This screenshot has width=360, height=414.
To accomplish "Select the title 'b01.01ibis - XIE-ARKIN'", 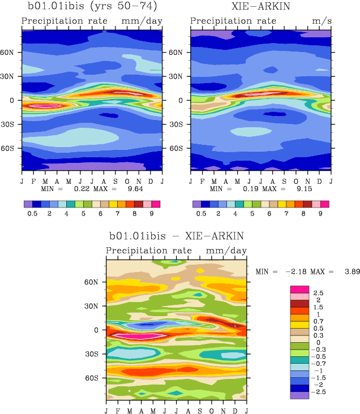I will click(x=176, y=236).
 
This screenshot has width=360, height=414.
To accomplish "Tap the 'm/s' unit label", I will click(x=321, y=21).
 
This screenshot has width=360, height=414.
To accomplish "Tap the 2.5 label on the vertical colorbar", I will click(x=318, y=292).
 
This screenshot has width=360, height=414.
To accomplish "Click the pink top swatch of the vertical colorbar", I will click(x=299, y=289).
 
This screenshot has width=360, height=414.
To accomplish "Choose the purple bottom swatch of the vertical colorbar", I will click(x=299, y=395).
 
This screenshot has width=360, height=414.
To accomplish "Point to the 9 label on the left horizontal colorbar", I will click(x=152, y=214).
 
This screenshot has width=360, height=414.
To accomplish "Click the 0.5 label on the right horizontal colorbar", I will click(x=201, y=214).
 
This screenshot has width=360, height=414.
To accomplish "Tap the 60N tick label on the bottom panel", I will click(x=93, y=282).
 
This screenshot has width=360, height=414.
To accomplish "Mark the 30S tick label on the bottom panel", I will click(x=93, y=354).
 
